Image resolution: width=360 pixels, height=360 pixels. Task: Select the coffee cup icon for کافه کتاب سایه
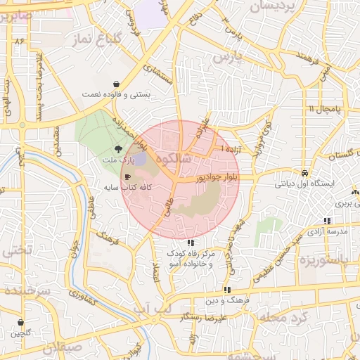(x=128, y=177)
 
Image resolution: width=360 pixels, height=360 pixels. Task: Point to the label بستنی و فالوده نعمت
(x=115, y=94)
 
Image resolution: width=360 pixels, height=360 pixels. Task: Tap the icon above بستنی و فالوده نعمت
(x=116, y=83)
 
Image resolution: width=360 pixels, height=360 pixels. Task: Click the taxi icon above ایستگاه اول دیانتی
(x=303, y=172)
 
